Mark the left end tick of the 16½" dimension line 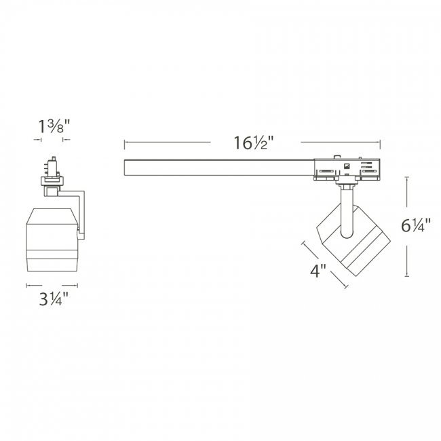pos(124,143)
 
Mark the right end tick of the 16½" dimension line pos(380,143)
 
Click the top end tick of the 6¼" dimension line pos(407,176)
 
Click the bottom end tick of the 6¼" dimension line pos(407,277)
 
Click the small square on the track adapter pos(347,166)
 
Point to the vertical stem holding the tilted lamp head pos(347,210)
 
